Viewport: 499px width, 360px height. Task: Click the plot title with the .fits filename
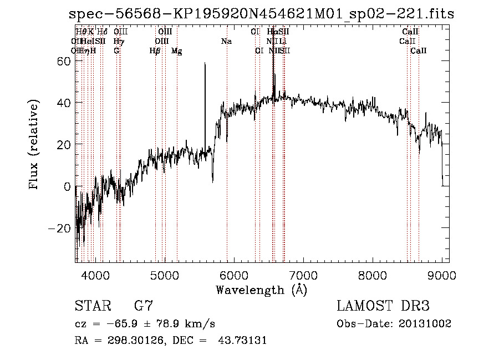[261, 14]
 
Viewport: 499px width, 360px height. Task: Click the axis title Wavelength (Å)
[261, 290]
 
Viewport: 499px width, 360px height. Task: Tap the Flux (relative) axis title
[34, 145]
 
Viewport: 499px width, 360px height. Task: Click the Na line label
[226, 41]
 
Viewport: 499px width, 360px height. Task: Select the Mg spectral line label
[176, 51]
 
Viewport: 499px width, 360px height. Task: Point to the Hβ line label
[155, 51]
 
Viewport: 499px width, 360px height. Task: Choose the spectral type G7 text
[143, 306]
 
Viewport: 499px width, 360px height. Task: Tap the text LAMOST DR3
[383, 306]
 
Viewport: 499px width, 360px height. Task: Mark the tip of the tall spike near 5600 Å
[205, 64]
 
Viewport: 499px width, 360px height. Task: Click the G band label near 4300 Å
[116, 51]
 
